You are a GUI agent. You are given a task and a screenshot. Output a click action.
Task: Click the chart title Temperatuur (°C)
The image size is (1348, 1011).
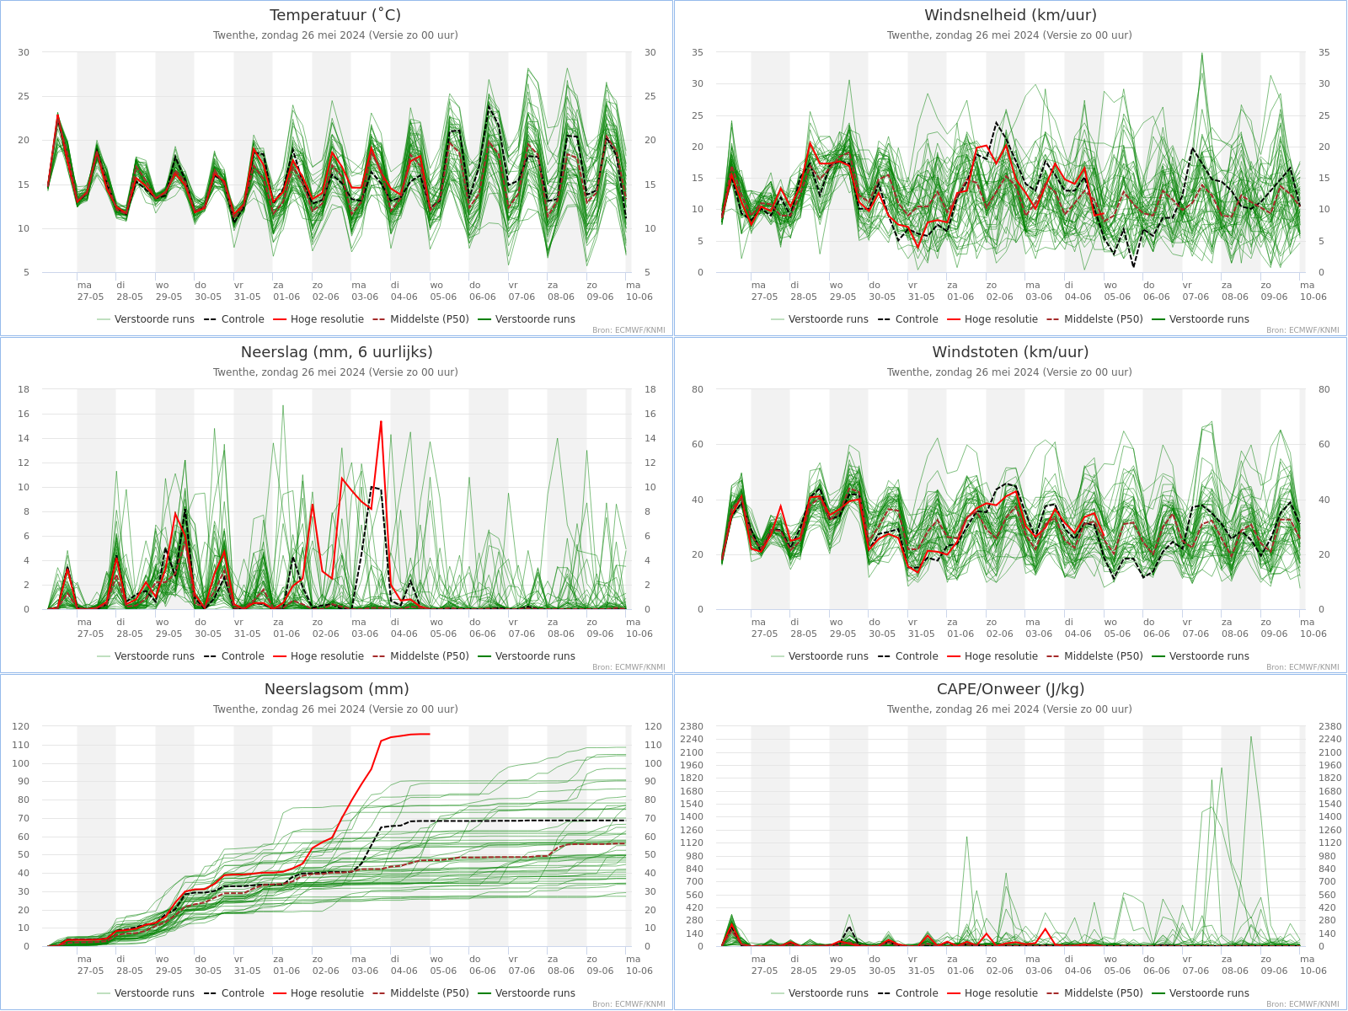tap(335, 15)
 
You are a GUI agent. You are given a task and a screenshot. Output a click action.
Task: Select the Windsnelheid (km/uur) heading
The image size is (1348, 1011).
tap(1010, 15)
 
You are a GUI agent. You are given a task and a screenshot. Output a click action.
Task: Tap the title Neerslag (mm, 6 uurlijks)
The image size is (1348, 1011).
tap(336, 352)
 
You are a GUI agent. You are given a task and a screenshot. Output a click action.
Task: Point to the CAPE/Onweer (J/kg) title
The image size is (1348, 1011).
tap(1010, 689)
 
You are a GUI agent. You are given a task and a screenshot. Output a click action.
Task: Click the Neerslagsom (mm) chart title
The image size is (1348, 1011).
tap(336, 689)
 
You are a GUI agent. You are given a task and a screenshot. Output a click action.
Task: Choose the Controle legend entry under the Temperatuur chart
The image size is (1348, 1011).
tap(234, 319)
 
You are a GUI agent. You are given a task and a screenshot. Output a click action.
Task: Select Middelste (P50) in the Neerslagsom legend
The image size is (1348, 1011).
tap(420, 993)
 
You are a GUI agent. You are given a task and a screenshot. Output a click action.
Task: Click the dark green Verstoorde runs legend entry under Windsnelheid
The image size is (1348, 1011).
tap(1200, 319)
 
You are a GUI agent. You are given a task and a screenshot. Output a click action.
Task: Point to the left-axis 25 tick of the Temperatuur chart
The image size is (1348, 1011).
tap(24, 96)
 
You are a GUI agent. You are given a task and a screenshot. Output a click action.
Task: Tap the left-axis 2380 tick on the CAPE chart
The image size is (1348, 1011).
tap(691, 727)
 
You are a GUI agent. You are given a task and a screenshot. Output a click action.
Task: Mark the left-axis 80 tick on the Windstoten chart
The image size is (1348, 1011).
tap(697, 390)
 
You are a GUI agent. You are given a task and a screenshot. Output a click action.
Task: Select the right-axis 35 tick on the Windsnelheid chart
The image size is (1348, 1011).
tap(1324, 53)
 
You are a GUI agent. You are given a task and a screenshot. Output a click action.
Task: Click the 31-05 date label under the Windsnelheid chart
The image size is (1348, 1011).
tap(921, 297)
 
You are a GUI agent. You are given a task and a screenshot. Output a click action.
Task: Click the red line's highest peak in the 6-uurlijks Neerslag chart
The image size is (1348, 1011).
tap(381, 422)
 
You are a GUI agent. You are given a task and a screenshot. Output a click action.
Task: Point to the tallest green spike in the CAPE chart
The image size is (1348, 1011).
tap(1251, 737)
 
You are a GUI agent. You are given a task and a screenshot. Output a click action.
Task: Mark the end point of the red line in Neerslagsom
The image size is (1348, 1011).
tap(430, 734)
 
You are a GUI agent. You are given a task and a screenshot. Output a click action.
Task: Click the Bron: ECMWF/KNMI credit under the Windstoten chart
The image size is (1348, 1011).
tap(1303, 667)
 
